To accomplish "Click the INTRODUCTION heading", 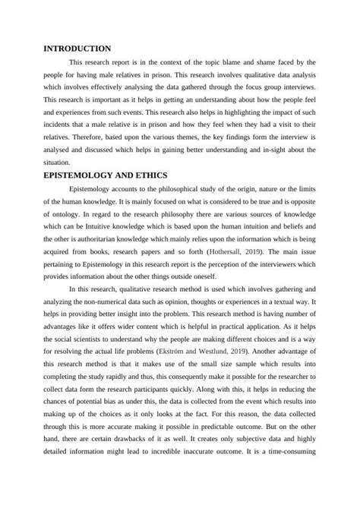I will (78, 48).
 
